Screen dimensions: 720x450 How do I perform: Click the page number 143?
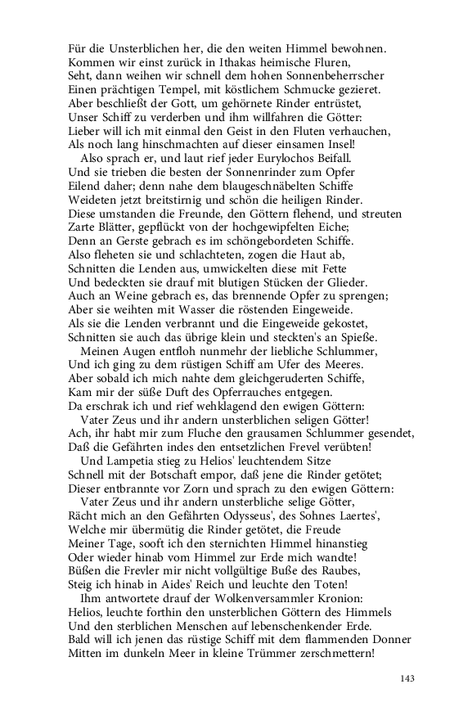click(x=407, y=678)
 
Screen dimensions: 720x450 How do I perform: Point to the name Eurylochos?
click(x=292, y=157)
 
